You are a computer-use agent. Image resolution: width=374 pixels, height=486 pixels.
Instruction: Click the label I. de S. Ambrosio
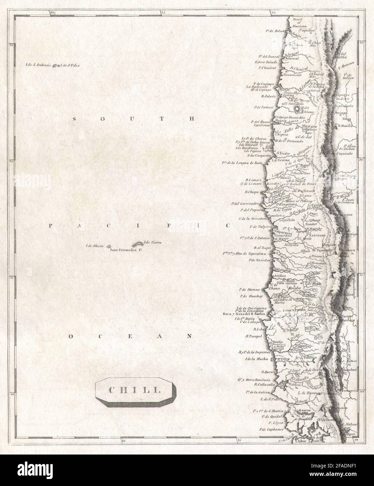[38, 65]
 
